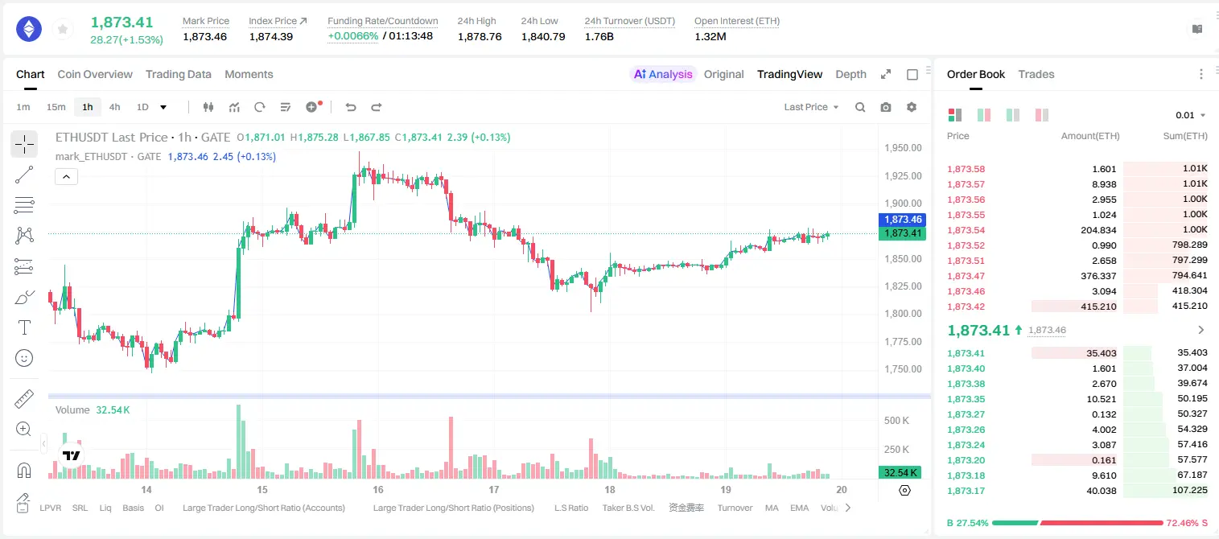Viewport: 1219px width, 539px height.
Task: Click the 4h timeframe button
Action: coord(114,107)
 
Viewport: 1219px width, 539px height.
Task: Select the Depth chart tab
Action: coord(850,75)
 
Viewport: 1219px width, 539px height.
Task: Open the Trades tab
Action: coord(1036,75)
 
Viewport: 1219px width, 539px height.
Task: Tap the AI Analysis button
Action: coord(663,75)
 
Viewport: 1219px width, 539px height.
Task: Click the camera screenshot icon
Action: coord(886,107)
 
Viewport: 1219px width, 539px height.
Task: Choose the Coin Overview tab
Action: coord(95,75)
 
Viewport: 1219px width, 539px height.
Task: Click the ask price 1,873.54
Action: coord(966,230)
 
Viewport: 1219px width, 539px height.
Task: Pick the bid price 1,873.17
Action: coord(966,491)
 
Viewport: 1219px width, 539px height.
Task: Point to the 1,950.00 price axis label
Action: coord(903,148)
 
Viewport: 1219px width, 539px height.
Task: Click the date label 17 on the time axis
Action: coord(493,489)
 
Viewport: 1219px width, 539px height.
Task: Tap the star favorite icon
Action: coord(63,29)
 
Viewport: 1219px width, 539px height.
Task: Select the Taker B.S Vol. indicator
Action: coord(628,508)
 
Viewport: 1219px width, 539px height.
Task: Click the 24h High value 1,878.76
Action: coord(480,36)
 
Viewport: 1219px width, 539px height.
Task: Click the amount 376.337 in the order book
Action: coord(1098,276)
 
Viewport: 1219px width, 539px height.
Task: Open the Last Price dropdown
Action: coord(811,107)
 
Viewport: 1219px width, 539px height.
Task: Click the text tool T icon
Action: coord(24,327)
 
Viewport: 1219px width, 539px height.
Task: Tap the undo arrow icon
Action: coord(351,107)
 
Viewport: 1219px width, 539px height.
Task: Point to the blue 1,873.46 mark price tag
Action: coord(902,220)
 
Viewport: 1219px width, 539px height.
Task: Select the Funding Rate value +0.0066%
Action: coord(352,36)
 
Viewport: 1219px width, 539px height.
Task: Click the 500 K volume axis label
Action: coord(896,421)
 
